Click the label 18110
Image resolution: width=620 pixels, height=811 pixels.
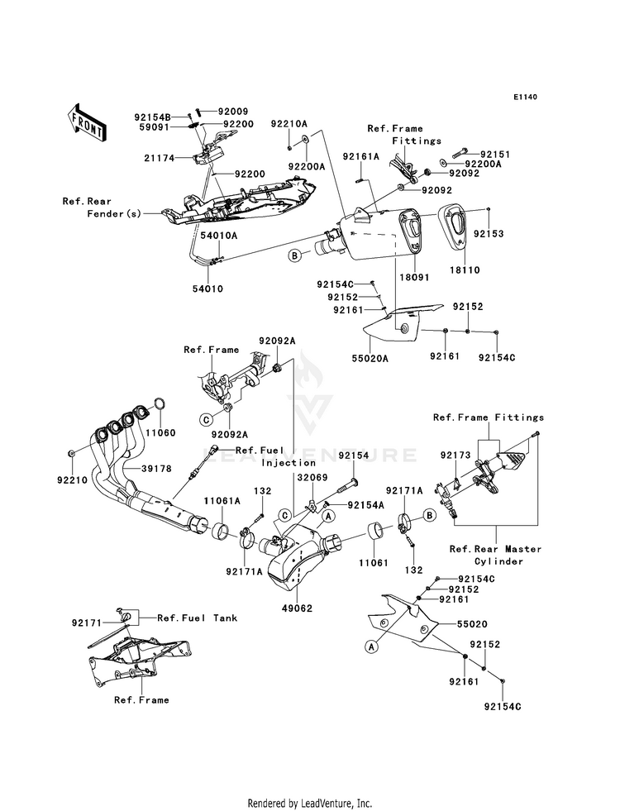(x=466, y=270)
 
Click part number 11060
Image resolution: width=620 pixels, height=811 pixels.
(x=162, y=432)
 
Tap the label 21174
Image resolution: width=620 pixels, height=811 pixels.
(x=158, y=158)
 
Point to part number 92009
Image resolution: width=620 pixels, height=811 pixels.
(x=210, y=111)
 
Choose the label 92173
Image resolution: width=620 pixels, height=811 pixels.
(x=455, y=456)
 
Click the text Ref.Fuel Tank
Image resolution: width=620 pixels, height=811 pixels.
(x=186, y=618)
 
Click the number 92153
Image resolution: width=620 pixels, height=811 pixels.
(x=488, y=234)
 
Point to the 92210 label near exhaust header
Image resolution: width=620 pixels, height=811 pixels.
(x=82, y=479)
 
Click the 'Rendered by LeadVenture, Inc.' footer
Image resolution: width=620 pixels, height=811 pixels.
(x=310, y=803)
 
